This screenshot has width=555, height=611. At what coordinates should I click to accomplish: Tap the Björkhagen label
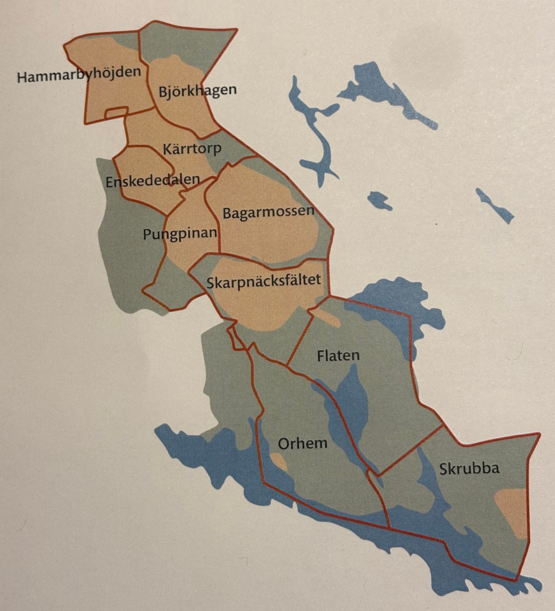pyautogui.click(x=198, y=90)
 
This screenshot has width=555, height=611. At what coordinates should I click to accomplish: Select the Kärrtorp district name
pyautogui.click(x=192, y=148)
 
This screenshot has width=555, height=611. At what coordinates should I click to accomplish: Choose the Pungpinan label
pyautogui.click(x=180, y=234)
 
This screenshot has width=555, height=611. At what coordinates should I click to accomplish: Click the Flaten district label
pyautogui.click(x=338, y=355)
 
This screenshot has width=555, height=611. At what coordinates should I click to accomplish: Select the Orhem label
pyautogui.click(x=302, y=443)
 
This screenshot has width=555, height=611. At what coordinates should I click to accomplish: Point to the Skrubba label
pyautogui.click(x=469, y=468)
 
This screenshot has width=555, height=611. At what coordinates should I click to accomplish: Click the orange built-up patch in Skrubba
pyautogui.click(x=513, y=510)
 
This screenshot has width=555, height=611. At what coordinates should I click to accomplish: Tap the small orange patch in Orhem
pyautogui.click(x=279, y=462)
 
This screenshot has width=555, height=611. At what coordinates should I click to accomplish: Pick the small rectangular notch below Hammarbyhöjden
pyautogui.click(x=116, y=112)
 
